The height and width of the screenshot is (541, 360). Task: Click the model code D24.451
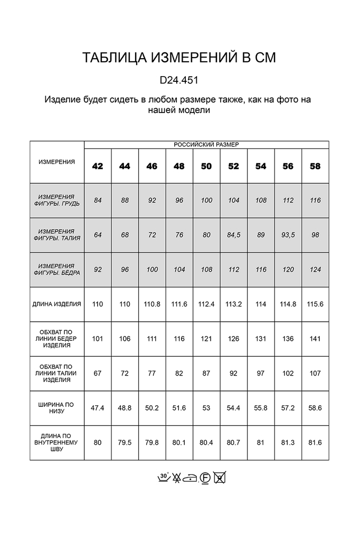[x=179, y=81]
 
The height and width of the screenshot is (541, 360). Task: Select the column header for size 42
[x=98, y=166]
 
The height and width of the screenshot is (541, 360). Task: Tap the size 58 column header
[x=315, y=166]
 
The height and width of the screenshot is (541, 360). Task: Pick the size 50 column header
[x=206, y=166]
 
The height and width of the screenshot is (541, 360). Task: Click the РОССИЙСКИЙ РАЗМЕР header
[x=206, y=144]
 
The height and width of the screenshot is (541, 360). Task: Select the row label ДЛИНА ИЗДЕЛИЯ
[x=57, y=304]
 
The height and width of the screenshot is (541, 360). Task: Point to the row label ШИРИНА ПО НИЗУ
[x=57, y=408]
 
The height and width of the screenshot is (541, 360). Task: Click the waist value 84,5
[x=233, y=235]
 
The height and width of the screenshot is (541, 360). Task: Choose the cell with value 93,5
[x=288, y=235]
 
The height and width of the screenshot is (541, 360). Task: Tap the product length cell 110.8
[x=152, y=304]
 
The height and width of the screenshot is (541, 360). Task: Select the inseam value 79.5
[x=125, y=443]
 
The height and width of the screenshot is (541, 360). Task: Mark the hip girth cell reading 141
[x=315, y=339]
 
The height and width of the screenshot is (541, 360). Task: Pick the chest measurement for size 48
[x=179, y=200]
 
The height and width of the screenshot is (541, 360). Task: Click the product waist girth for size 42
[x=98, y=374]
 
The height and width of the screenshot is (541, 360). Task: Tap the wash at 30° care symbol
[x=163, y=478]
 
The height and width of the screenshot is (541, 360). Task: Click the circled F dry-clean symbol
[x=205, y=478]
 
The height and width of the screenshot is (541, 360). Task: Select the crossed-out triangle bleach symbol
[x=176, y=478]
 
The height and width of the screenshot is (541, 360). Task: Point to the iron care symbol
[x=191, y=478]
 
